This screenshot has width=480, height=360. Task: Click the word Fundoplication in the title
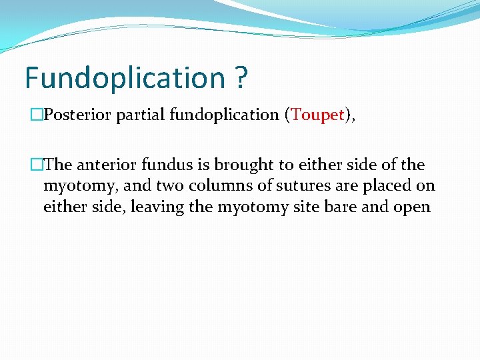[125, 78]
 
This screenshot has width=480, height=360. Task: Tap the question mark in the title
[241, 78]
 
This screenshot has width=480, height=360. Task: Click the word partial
[140, 115]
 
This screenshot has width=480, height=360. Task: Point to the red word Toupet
[316, 115]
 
